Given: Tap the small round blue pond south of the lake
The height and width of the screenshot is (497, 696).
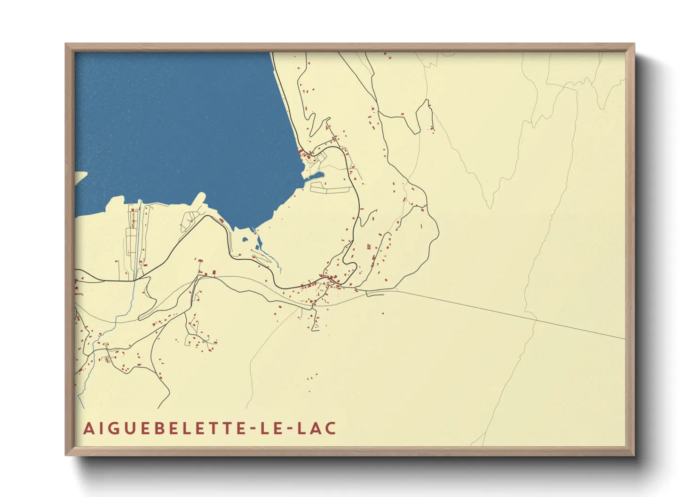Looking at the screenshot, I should click(x=245, y=240).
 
